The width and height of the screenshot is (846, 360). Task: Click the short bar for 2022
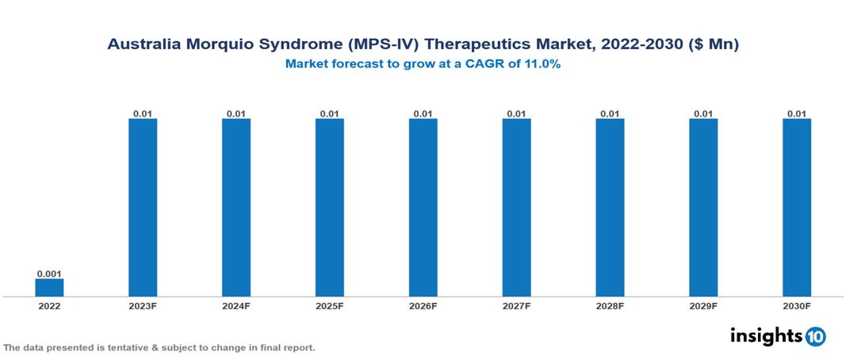tap(49, 287)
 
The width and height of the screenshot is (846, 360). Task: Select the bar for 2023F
tap(143, 208)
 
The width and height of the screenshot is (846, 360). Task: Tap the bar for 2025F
tap(329, 208)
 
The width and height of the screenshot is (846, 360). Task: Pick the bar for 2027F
tap(516, 208)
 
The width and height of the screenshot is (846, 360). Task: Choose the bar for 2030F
tap(797, 208)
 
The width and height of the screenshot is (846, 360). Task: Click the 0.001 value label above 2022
tap(49, 273)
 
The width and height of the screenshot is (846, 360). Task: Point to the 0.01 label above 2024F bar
tap(236, 113)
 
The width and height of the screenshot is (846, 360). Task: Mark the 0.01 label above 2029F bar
tap(703, 113)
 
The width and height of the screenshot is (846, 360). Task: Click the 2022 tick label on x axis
tap(49, 305)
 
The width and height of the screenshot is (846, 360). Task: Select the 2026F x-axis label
tap(423, 305)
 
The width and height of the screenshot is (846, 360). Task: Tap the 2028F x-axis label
tap(610, 305)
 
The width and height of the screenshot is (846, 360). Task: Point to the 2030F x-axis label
tap(797, 305)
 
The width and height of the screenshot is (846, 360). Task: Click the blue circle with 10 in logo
tap(815, 336)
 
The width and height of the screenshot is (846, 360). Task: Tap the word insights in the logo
tap(765, 335)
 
